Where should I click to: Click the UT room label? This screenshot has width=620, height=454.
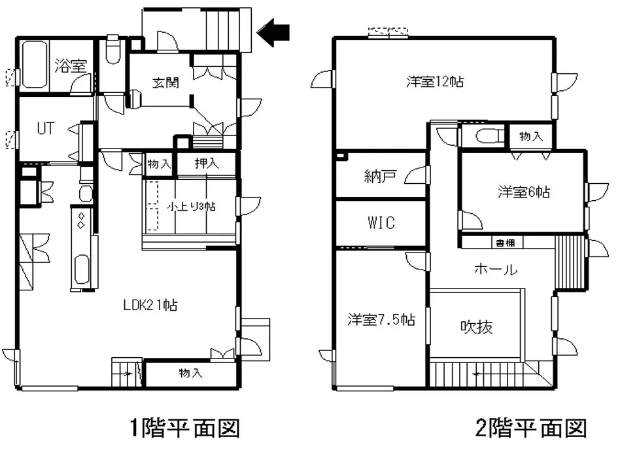(x=44, y=128)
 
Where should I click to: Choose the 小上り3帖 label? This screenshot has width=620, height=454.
(x=192, y=205)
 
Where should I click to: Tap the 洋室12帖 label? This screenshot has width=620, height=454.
(x=436, y=82)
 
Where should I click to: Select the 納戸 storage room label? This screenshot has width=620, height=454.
(x=380, y=176)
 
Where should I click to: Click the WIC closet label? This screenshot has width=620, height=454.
(x=381, y=222)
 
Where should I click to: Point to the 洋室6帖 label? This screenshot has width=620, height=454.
(x=523, y=192)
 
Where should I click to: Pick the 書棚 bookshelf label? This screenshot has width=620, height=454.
(x=504, y=242)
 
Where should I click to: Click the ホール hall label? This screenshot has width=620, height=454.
(x=495, y=269)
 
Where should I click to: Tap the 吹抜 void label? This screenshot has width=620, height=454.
(x=476, y=325)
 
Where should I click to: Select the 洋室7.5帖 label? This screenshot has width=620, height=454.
(x=381, y=320)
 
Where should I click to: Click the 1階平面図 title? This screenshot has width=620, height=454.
(x=184, y=428)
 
